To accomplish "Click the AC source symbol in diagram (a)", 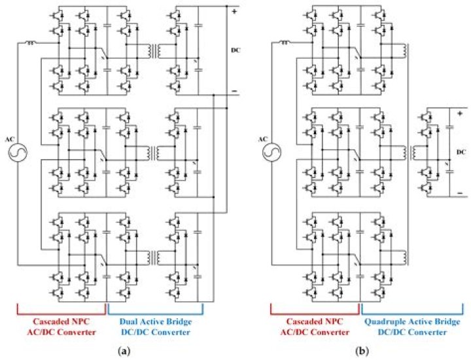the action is pos(18,152).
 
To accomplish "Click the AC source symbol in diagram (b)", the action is pos(271,152).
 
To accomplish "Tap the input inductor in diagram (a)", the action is pos(30,43).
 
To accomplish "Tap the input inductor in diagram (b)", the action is pos(283,43).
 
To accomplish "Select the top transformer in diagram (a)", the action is pos(154,51).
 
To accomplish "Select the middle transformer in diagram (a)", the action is pos(154,153).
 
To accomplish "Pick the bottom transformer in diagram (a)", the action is pos(154,257).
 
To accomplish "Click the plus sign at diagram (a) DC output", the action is pos(234,12).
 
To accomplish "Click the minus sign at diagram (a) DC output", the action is pos(234,91).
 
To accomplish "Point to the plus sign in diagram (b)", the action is pos(460,114).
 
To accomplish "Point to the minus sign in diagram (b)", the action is pos(460,193).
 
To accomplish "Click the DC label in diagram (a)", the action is pos(235,50).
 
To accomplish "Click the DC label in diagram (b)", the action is pos(461,152).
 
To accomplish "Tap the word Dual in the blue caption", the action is pos(128,322).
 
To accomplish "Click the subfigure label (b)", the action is pos(362,351).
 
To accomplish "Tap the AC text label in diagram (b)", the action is pos(263,139).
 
